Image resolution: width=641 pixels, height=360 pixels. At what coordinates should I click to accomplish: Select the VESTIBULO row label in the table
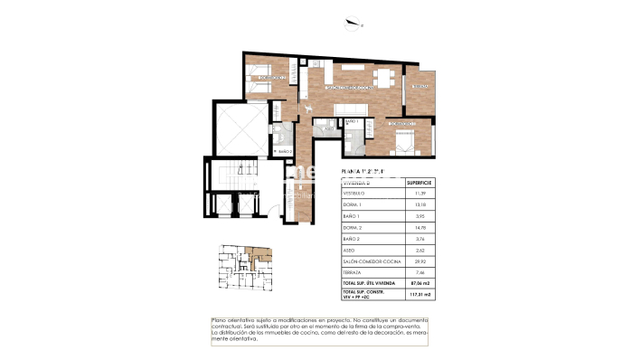[x=353, y=194]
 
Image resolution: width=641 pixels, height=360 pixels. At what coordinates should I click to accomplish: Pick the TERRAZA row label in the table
[x=353, y=270]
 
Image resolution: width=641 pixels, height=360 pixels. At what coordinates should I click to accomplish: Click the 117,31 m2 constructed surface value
[x=418, y=294]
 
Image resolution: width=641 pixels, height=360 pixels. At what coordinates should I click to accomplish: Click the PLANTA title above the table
[x=362, y=170]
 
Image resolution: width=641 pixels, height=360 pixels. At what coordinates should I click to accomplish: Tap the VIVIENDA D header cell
[x=356, y=182]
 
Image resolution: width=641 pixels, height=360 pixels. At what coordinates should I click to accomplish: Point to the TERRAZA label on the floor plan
[x=419, y=86]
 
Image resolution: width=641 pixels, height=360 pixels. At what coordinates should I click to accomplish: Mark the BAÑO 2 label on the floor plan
[x=283, y=151]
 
